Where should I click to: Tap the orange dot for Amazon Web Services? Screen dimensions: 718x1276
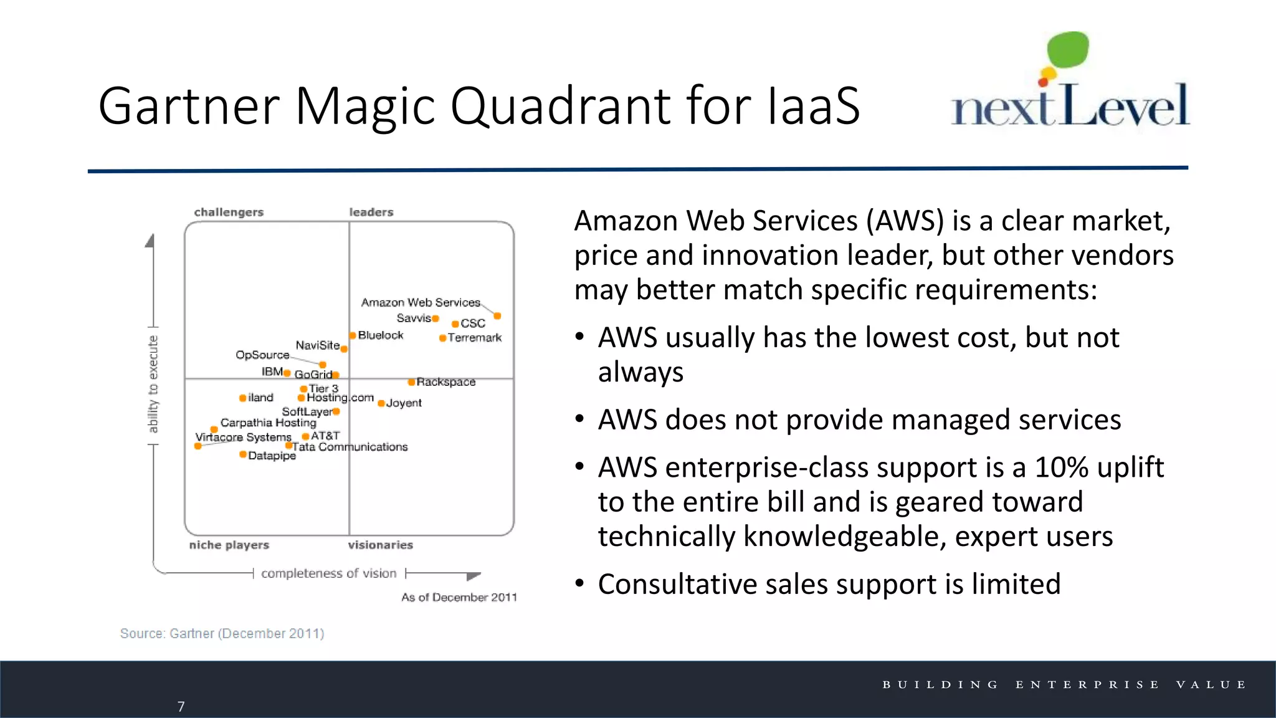[x=497, y=316]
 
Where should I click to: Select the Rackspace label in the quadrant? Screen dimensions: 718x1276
[x=446, y=382]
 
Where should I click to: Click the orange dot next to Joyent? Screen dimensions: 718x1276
[x=381, y=403]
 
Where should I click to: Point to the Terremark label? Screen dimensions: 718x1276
[x=475, y=338]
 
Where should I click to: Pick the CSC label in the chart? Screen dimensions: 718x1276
[x=473, y=323]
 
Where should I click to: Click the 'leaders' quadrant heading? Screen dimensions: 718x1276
[x=371, y=212]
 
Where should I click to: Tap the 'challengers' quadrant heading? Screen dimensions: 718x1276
[x=229, y=212]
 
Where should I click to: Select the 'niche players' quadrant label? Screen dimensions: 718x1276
[x=229, y=545]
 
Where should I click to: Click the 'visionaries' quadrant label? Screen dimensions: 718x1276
[x=380, y=545]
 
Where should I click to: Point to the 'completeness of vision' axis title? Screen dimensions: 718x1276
[x=328, y=573]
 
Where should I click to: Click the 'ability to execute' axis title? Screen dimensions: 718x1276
[x=153, y=384]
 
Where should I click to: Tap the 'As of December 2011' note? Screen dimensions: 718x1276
[x=459, y=597]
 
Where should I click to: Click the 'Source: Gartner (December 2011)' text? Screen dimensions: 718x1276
[x=222, y=633]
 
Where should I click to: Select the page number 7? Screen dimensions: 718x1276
[x=181, y=706]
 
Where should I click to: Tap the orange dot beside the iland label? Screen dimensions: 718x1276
[x=242, y=398]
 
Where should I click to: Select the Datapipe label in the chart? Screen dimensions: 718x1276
[x=272, y=456]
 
